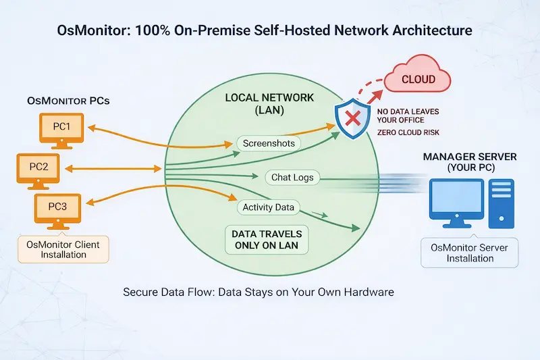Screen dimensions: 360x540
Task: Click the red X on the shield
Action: (352, 120)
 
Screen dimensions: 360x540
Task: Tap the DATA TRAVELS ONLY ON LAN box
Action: (266, 240)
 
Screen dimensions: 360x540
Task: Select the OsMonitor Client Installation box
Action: (62, 249)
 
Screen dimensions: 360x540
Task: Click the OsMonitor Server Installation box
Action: (469, 253)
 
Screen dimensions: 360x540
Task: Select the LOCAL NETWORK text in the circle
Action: (269, 98)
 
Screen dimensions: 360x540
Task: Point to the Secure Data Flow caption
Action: (259, 293)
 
